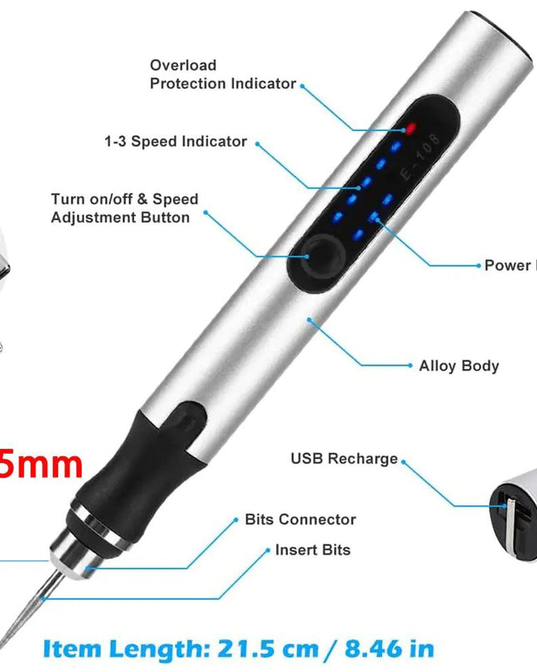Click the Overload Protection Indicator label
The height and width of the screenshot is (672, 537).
[222, 74]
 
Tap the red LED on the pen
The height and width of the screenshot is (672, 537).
[410, 128]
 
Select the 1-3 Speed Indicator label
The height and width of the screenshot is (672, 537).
[175, 142]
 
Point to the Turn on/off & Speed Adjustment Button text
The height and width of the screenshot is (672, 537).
[124, 208]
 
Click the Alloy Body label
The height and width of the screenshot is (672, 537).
[459, 366]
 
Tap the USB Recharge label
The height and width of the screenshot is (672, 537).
[344, 459]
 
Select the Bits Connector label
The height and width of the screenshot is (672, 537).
[300, 520]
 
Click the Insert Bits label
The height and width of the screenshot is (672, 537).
[312, 550]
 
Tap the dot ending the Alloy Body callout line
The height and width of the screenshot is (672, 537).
[310, 317]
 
